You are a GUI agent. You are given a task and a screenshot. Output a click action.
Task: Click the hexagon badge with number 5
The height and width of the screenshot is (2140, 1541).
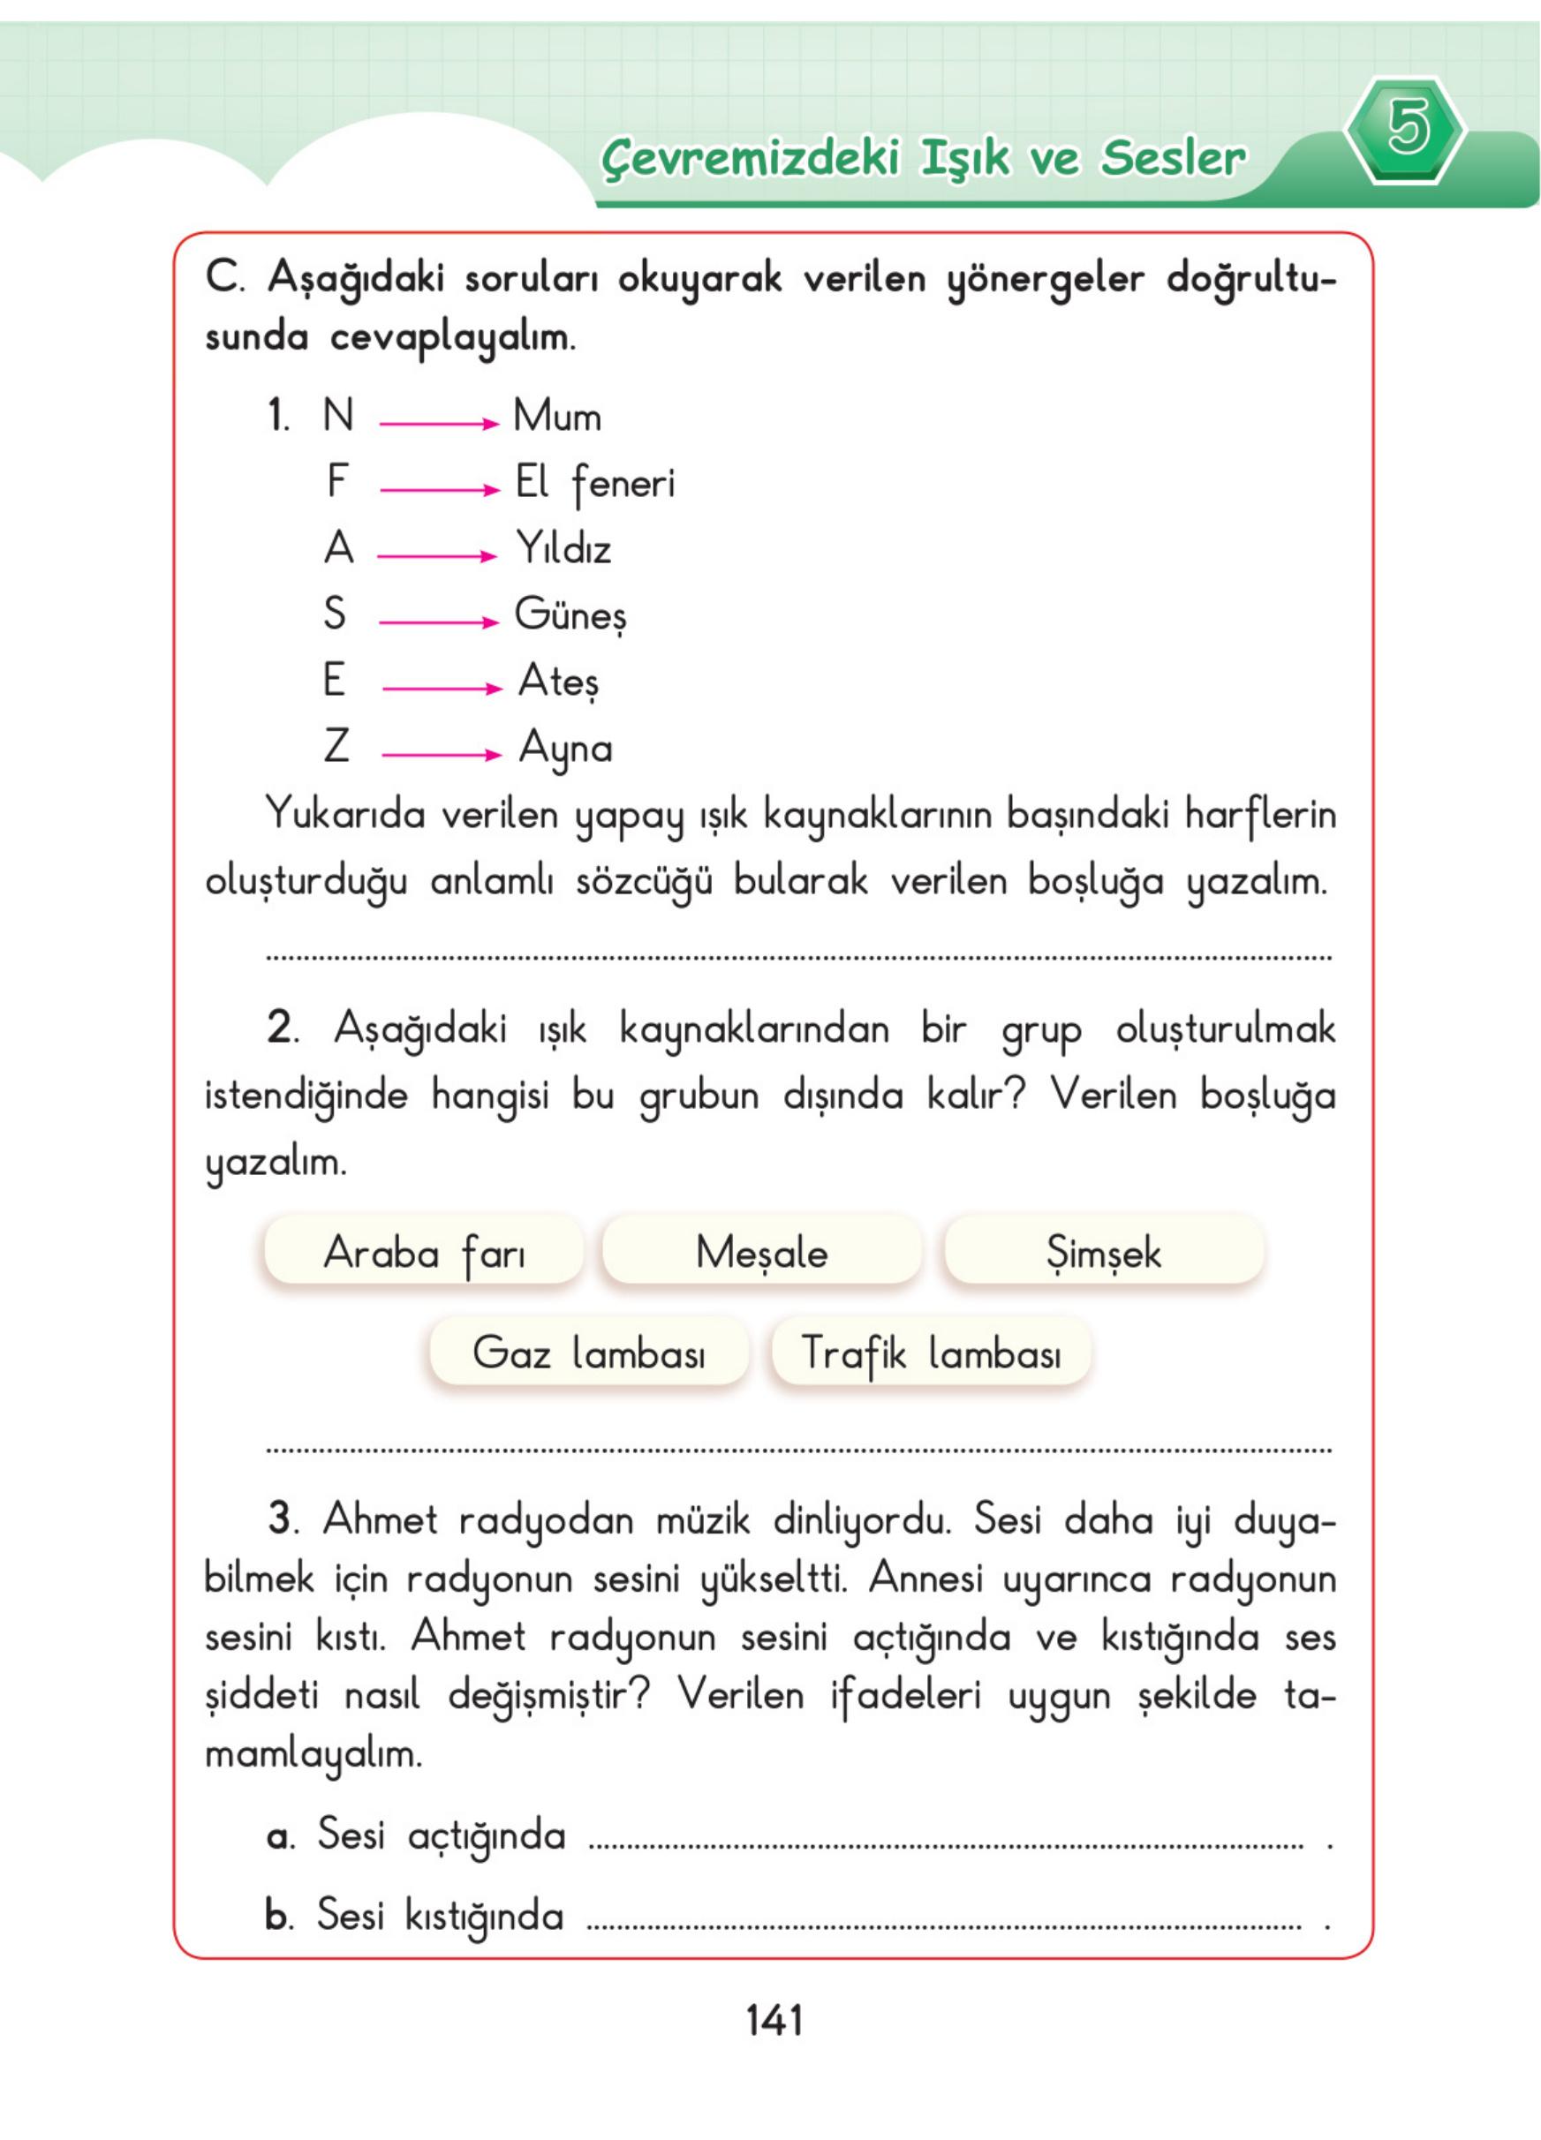tap(1405, 129)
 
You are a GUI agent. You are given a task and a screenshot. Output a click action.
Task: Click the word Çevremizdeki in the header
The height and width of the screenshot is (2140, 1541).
tap(752, 157)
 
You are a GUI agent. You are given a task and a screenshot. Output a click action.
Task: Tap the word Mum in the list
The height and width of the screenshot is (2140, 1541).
tap(556, 416)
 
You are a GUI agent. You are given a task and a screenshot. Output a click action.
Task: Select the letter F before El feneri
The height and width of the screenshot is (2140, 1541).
tap(336, 481)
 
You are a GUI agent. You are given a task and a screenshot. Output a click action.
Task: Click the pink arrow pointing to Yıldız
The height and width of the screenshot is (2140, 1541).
tap(437, 557)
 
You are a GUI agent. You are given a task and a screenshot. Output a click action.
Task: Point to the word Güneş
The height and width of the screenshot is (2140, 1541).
tap(570, 615)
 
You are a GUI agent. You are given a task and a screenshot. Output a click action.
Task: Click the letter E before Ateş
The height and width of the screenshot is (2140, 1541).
tap(334, 681)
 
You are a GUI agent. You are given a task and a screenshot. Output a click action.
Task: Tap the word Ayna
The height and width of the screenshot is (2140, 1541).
tap(565, 750)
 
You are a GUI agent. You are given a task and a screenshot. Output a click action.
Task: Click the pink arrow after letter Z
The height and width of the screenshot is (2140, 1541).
tap(441, 754)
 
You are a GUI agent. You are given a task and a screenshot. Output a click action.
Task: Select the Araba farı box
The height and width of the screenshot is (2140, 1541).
tap(424, 1252)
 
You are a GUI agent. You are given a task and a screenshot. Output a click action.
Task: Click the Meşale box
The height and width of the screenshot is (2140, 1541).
tap(761, 1252)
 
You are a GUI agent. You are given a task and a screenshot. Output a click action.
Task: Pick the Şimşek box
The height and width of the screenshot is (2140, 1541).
tap(1103, 1252)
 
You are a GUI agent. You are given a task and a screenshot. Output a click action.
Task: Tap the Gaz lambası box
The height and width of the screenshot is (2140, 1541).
tap(589, 1353)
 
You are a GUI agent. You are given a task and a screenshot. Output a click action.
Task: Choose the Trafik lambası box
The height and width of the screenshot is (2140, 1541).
tap(931, 1353)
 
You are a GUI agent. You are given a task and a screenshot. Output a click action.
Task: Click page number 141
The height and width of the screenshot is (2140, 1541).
tap(774, 2020)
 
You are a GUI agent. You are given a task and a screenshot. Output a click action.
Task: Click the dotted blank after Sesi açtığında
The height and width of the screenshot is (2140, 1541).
tap(944, 1844)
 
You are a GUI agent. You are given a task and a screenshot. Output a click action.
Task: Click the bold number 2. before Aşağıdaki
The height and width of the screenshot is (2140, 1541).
tap(281, 1028)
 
